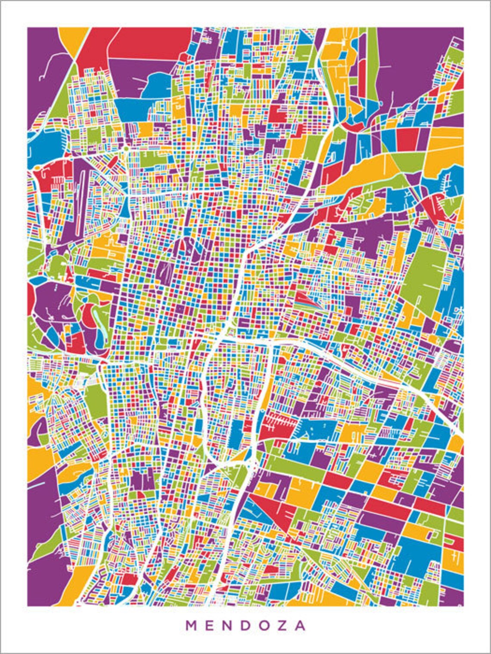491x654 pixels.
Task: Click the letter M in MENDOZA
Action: pyautogui.click(x=191, y=625)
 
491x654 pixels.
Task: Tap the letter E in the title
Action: pyautogui.click(x=210, y=625)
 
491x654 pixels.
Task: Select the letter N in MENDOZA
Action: pyautogui.click(x=228, y=625)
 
